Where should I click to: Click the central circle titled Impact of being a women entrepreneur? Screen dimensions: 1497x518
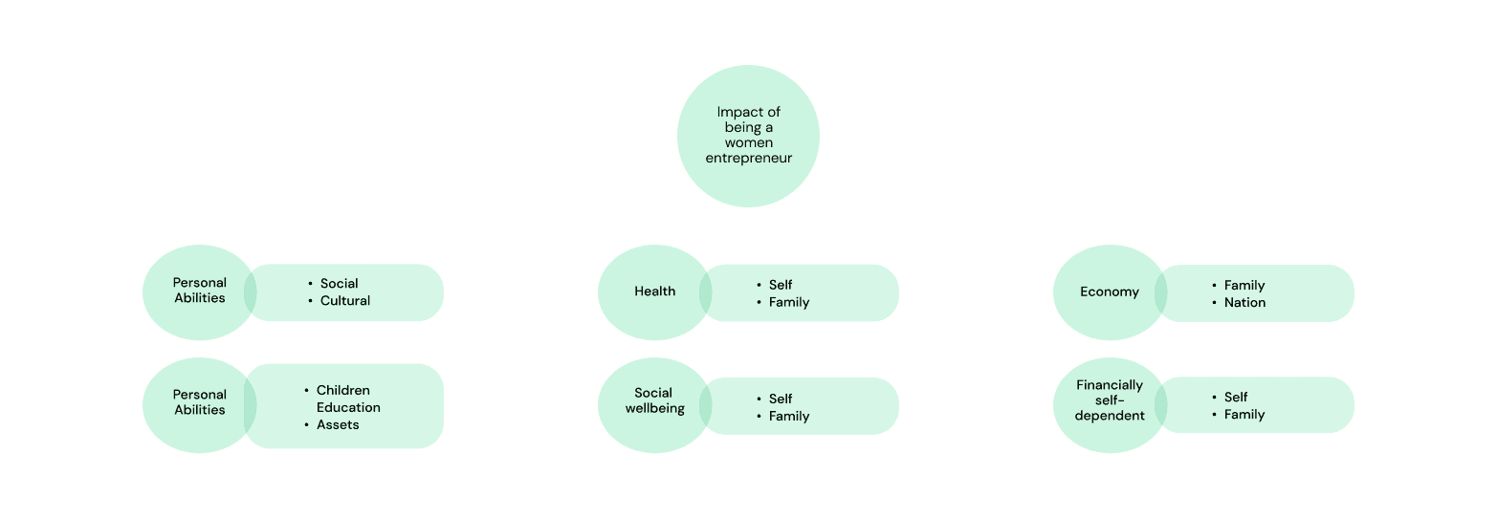(x=748, y=136)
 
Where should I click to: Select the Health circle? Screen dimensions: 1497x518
(x=654, y=291)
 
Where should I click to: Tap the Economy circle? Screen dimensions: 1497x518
(x=1110, y=291)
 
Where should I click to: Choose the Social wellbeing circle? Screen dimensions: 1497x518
(x=654, y=401)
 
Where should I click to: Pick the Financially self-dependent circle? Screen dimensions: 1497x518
(x=1110, y=401)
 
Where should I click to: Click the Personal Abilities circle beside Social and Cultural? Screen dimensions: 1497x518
(x=199, y=291)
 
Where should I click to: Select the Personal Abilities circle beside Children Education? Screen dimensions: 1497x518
(x=199, y=403)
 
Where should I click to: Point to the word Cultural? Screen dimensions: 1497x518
(x=345, y=300)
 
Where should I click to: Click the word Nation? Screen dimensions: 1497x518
(x=1244, y=302)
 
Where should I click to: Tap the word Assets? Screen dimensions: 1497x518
(x=338, y=424)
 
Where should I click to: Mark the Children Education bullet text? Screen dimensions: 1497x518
(x=348, y=399)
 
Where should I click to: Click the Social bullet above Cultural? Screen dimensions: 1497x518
(x=340, y=283)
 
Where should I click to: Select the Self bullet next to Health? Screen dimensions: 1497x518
(x=781, y=285)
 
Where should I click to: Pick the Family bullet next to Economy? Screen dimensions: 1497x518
(x=1244, y=285)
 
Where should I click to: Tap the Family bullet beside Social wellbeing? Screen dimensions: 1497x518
(x=789, y=416)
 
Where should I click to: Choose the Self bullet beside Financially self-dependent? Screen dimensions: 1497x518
(x=1236, y=397)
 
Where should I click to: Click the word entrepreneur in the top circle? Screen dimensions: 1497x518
(x=748, y=158)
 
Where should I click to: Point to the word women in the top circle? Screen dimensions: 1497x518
(x=748, y=142)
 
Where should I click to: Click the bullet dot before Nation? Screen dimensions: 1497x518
(x=1213, y=302)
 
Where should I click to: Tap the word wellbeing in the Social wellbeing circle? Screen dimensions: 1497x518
(x=654, y=409)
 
